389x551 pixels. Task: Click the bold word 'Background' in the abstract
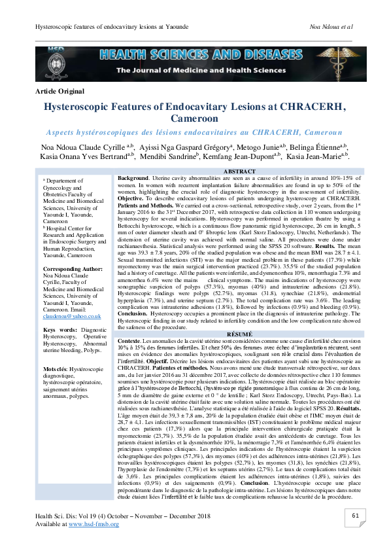pyautogui.click(x=133, y=178)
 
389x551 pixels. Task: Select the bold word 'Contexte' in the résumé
pyautogui.click(x=131, y=341)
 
